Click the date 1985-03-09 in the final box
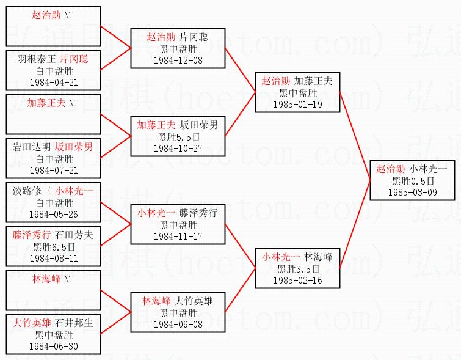tap(412, 191)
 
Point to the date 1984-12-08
tap(178, 60)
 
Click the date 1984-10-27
tap(178, 148)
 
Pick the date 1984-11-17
tap(178, 236)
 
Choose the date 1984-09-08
tap(178, 324)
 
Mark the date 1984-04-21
tap(53, 82)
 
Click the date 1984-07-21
tap(53, 170)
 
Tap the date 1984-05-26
tap(53, 214)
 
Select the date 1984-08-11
tap(53, 258)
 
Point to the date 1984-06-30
tap(53, 346)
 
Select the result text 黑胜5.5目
tap(178, 137)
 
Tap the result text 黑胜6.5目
tap(53, 247)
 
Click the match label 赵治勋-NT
tap(53, 14)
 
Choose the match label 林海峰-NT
tap(53, 278)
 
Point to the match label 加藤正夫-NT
tap(53, 102)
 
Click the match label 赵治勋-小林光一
tap(412, 169)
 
